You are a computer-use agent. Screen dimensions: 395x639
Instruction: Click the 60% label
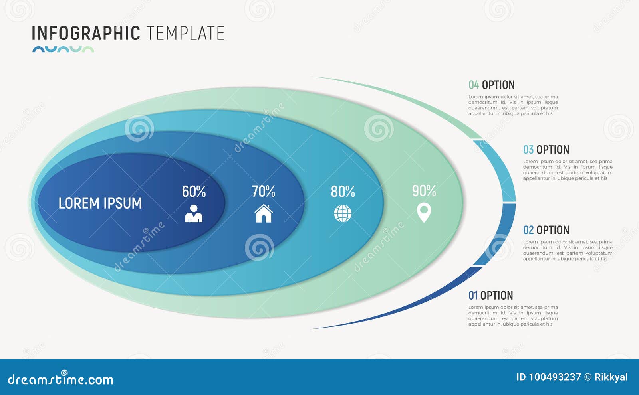[194, 192]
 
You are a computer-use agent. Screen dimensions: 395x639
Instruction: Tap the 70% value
[263, 192]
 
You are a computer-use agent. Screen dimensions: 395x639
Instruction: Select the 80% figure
[343, 192]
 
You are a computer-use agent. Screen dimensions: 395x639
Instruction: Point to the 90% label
[424, 191]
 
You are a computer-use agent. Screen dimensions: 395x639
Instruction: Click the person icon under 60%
[194, 213]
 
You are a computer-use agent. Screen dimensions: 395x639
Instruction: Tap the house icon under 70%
[264, 213]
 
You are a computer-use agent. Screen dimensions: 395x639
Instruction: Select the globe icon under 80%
[343, 213]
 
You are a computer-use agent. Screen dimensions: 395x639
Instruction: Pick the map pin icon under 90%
[424, 212]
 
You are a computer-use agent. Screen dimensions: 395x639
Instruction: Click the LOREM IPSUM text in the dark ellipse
[100, 203]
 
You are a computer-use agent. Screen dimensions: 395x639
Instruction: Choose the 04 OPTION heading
[491, 85]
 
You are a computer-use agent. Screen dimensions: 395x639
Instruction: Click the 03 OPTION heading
[546, 150]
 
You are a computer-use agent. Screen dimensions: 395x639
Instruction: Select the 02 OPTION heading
[546, 230]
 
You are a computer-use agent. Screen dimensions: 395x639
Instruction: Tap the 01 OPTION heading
[490, 295]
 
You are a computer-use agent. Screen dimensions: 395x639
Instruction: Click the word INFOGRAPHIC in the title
[85, 33]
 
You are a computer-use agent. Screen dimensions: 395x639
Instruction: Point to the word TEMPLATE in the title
[185, 33]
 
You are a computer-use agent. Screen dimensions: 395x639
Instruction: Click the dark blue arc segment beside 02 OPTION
[501, 233]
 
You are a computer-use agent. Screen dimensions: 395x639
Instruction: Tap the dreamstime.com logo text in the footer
[61, 379]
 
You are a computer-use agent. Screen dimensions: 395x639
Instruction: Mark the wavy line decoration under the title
[63, 49]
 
